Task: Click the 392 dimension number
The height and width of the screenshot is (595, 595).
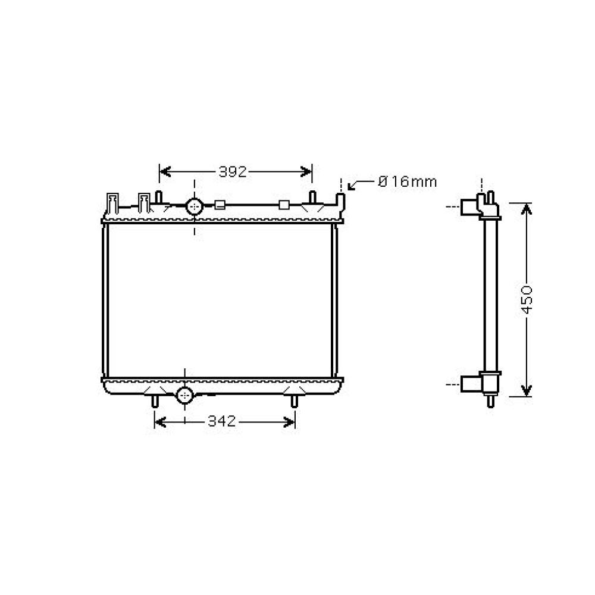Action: tap(233, 172)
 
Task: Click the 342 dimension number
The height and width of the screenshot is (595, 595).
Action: tap(222, 422)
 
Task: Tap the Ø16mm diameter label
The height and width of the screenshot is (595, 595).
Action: tap(408, 181)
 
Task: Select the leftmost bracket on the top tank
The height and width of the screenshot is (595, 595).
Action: tap(112, 202)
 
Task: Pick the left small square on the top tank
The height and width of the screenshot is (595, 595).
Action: tap(219, 206)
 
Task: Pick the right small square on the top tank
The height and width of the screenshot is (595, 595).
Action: tap(284, 206)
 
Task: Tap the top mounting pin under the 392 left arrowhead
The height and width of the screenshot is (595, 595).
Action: tap(159, 197)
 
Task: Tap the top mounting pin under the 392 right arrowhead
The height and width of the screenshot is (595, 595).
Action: tap(312, 197)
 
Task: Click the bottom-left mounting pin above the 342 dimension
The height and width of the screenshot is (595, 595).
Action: tap(155, 402)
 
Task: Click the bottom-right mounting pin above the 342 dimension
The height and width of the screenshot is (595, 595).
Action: tap(294, 402)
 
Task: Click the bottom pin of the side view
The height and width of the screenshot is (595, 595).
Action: tap(490, 401)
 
